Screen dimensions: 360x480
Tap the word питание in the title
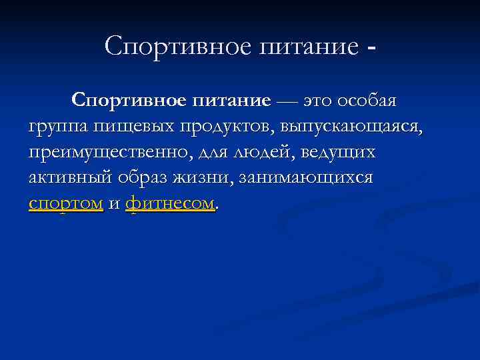coord(306,46)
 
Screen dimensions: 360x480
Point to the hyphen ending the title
coord(371,48)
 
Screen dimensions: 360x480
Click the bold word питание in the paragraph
coord(232,101)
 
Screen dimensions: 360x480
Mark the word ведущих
coord(339,153)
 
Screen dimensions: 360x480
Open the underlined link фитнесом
coord(170,203)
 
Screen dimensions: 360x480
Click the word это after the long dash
coord(319,101)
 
